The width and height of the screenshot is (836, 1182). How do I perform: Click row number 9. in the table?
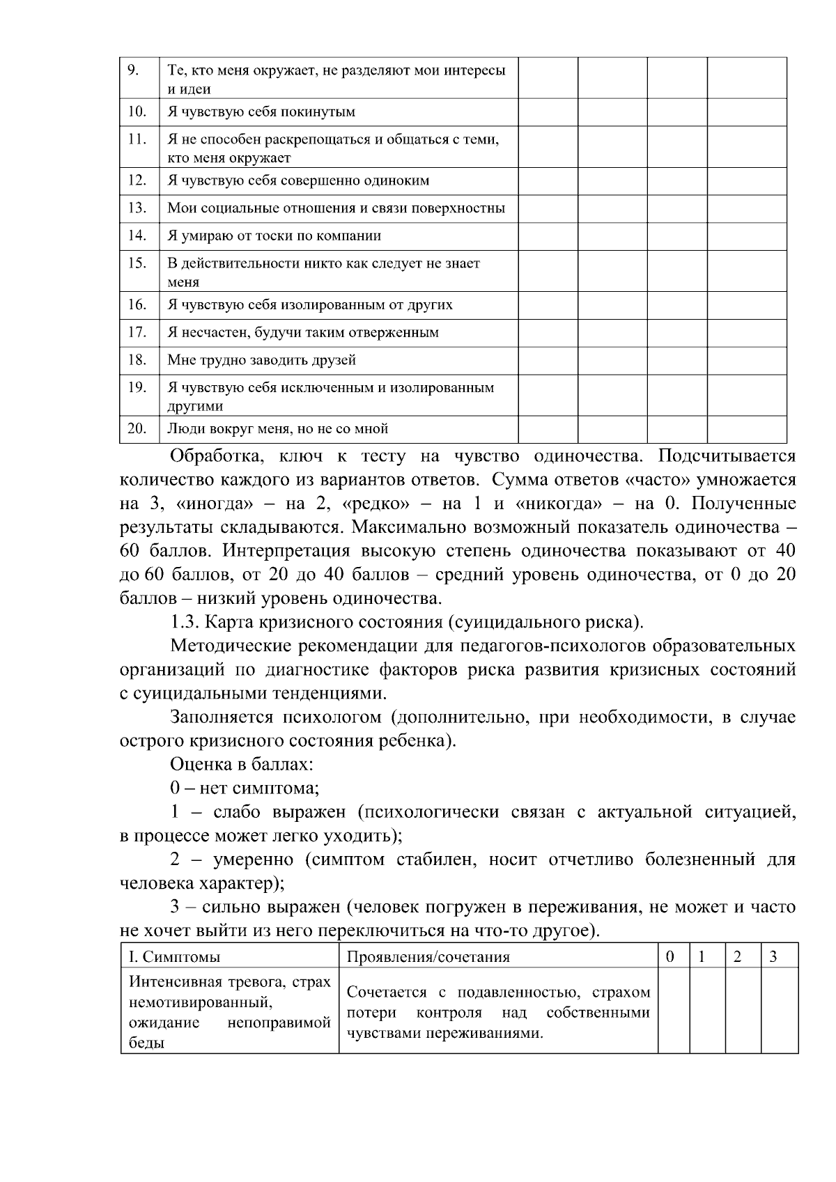(134, 70)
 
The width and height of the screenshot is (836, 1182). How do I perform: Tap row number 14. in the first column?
(137, 235)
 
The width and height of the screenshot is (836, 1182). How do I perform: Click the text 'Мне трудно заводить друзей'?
(261, 360)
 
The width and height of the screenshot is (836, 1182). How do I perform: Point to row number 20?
(137, 428)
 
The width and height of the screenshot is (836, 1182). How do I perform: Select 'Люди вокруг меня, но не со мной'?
(277, 429)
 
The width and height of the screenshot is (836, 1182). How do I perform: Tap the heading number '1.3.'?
(185, 622)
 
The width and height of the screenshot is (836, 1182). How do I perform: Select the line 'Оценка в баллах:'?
(241, 764)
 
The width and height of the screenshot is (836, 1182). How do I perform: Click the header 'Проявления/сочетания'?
(428, 957)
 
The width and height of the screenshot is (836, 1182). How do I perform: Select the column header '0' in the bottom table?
(670, 957)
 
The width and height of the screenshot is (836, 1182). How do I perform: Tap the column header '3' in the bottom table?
(773, 957)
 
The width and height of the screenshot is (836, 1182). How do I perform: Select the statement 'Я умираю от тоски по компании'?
(274, 236)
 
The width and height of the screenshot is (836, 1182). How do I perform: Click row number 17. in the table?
(137, 332)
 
